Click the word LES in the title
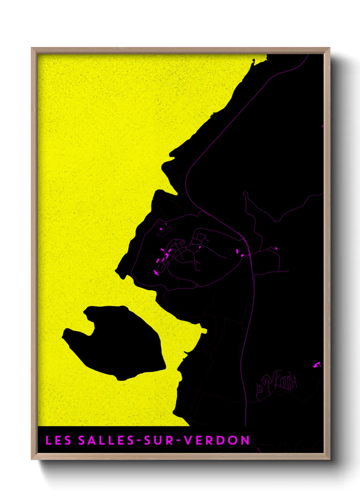click(x=58, y=440)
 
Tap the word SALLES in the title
click(x=107, y=440)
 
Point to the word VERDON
click(x=217, y=440)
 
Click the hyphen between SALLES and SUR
click(x=139, y=441)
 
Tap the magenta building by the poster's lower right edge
click(x=316, y=365)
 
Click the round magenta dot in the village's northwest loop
click(x=161, y=229)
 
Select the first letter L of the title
click(x=48, y=440)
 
